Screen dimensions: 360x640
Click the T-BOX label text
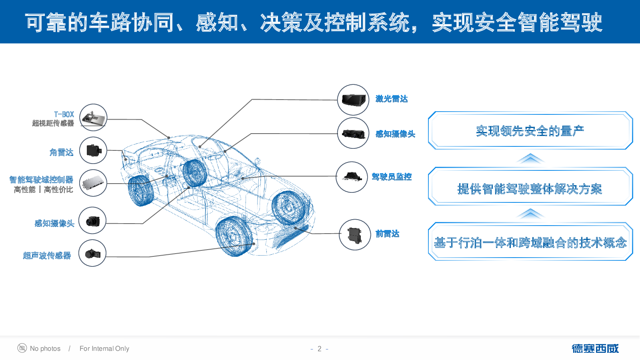tap(64, 114)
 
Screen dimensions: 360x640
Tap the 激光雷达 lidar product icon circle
tap(353, 100)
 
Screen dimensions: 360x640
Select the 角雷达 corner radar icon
tap(93, 150)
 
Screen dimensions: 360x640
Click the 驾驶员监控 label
tap(391, 177)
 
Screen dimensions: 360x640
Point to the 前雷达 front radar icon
tap(354, 235)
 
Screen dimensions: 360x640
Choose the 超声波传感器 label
tap(47, 256)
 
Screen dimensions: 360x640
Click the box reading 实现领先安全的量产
tap(530, 131)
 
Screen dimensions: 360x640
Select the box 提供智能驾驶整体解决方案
tap(530, 188)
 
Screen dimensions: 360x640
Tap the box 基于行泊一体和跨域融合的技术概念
tap(530, 242)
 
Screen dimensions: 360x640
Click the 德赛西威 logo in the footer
tap(595, 349)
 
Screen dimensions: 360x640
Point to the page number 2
tap(319, 349)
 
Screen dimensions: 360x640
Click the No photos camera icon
tap(22, 348)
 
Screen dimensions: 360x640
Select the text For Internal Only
tap(104, 349)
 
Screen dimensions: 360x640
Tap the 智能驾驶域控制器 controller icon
tap(93, 183)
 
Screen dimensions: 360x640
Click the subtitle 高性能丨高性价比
tap(43, 190)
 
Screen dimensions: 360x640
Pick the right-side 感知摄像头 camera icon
tap(353, 133)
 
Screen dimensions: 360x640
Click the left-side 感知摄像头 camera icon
tap(92, 220)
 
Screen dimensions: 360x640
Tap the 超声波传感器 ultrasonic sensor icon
tap(92, 253)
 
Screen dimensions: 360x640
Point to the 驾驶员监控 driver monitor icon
tap(352, 177)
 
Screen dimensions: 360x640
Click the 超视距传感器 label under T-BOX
tap(53, 123)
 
